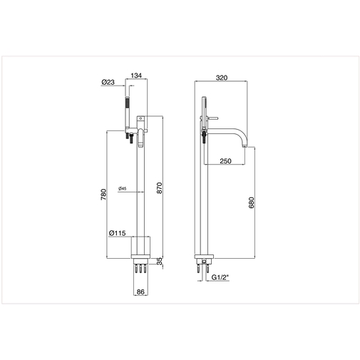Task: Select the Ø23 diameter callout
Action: click(x=109, y=83)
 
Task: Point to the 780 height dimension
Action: click(x=103, y=194)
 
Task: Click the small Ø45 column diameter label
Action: click(x=123, y=189)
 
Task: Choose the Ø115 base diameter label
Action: click(x=118, y=233)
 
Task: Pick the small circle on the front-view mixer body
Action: click(x=141, y=115)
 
